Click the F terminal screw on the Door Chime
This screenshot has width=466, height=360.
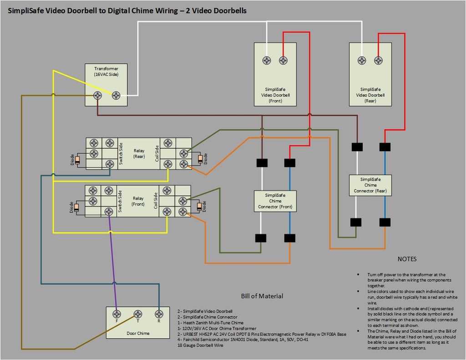[117, 314]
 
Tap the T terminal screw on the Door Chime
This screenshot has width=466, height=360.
[138, 314]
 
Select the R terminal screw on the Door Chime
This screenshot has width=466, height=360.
[159, 314]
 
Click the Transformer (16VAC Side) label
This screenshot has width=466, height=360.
[106, 71]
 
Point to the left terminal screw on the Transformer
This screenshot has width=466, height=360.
[97, 96]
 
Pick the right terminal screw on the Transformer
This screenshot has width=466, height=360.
[116, 96]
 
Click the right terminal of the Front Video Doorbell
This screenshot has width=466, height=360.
[283, 61]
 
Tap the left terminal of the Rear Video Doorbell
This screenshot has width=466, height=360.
[362, 61]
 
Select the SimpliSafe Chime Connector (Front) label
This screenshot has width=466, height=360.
[275, 201]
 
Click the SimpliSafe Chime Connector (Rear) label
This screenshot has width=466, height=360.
[370, 185]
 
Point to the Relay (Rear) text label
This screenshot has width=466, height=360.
[139, 153]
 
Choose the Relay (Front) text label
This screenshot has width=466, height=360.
[138, 201]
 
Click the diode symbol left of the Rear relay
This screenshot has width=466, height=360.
[78, 160]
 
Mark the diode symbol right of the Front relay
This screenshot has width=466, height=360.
[199, 207]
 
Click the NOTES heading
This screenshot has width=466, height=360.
[407, 259]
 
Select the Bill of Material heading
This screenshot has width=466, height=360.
[262, 296]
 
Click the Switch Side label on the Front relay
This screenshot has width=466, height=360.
[121, 201]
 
